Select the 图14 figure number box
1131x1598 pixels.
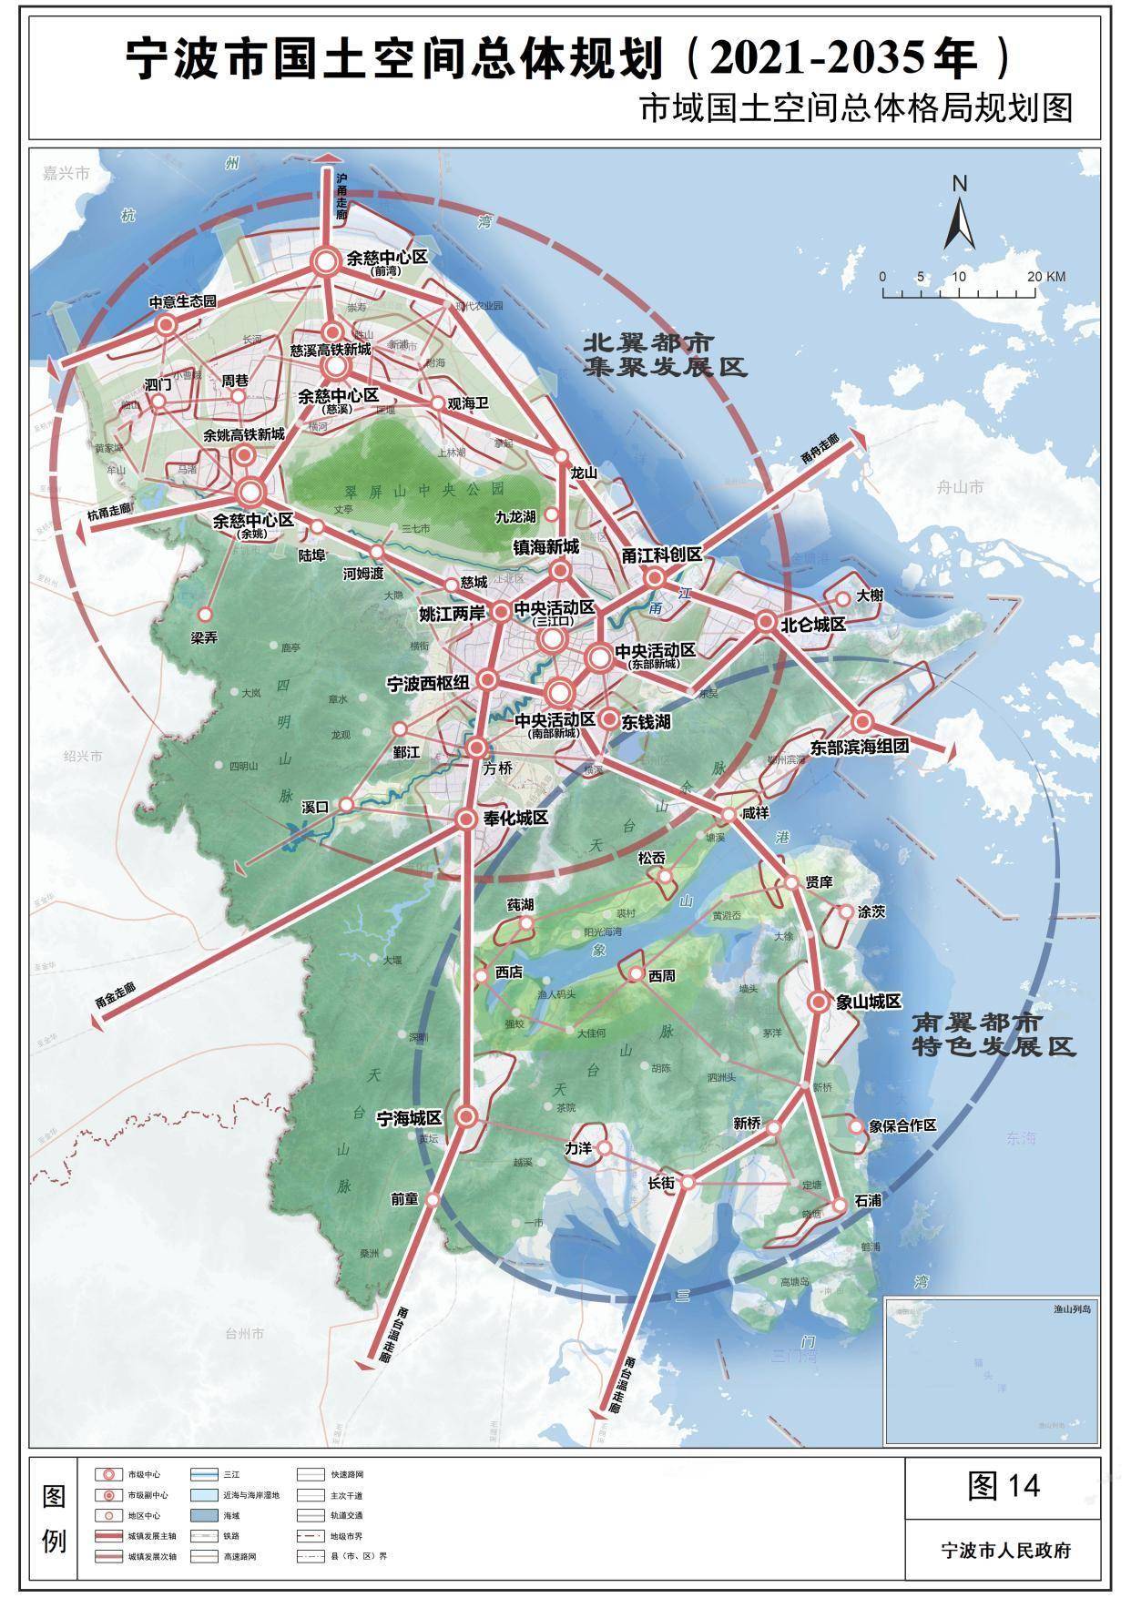[x=1004, y=1486]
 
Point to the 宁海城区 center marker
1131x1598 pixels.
[x=466, y=1116]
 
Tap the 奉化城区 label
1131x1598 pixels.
[x=515, y=818]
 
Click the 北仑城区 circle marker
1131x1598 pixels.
[x=765, y=623]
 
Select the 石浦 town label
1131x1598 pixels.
[x=868, y=1201]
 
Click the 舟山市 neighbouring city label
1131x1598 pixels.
[x=960, y=487]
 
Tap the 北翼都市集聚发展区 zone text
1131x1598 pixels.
[x=664, y=355]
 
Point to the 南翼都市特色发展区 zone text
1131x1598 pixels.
[x=993, y=1033]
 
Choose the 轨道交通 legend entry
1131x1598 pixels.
[x=347, y=1514]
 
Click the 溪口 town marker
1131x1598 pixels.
[x=346, y=805]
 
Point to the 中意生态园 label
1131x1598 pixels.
[x=183, y=301]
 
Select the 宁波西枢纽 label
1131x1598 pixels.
[x=428, y=683]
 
